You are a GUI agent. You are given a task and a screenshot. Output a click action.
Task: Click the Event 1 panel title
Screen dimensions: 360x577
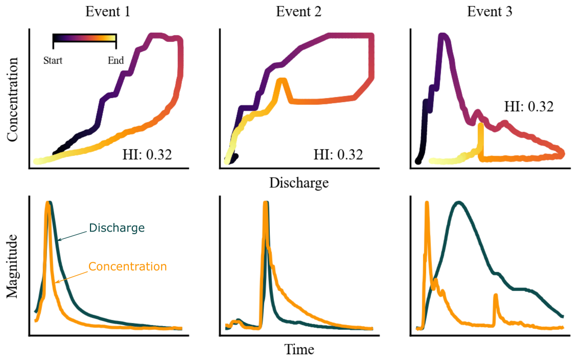108,11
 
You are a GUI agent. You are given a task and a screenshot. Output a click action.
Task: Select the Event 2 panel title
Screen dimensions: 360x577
298,11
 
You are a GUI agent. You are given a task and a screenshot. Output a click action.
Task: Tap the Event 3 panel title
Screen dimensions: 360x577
490,11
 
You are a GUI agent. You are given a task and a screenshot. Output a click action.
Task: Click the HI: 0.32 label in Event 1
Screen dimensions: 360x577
147,154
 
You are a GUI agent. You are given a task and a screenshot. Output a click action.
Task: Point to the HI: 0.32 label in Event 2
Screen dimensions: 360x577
338,154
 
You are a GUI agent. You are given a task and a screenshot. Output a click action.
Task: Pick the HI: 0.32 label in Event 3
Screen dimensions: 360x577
529,107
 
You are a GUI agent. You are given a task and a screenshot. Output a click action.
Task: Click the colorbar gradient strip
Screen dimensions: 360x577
85,37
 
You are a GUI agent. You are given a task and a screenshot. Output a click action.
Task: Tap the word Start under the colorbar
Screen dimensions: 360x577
53,61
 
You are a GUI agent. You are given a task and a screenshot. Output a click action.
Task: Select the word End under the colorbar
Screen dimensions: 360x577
116,61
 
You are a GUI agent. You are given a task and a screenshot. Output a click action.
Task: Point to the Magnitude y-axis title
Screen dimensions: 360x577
12,266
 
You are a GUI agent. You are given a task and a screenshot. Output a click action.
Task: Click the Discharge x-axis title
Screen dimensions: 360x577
299,183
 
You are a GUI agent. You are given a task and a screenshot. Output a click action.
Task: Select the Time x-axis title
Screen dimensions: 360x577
299,350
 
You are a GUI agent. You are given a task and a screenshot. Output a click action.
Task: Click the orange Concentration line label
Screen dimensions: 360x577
127,266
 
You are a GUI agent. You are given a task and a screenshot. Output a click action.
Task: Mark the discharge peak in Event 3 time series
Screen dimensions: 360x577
459,202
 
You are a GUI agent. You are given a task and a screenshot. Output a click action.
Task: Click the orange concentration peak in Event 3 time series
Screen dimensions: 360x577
426,204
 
